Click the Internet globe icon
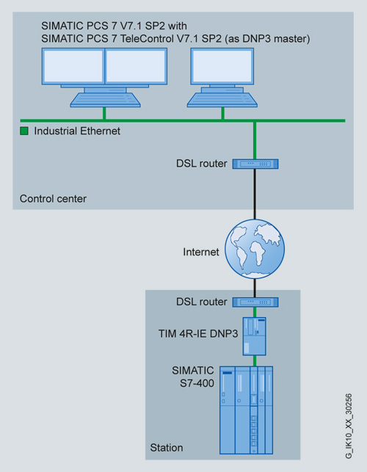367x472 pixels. [x=255, y=249]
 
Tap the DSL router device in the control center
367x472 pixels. [x=255, y=164]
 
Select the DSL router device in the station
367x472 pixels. [x=255, y=302]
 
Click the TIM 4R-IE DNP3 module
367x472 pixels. [x=255, y=336]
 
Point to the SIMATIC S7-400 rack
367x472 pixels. [x=247, y=410]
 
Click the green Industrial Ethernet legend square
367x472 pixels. [x=24, y=131]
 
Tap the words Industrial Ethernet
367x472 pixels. [x=77, y=131]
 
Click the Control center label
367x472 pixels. [x=53, y=199]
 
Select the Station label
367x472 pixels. [x=167, y=448]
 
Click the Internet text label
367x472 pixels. [x=201, y=252]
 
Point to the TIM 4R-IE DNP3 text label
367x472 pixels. [x=198, y=333]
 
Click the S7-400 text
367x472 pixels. [x=197, y=383]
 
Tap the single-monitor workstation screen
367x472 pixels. [x=222, y=66]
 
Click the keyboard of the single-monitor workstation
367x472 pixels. [x=222, y=100]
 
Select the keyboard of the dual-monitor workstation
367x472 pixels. [x=105, y=100]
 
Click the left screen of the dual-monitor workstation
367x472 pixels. [x=73, y=66]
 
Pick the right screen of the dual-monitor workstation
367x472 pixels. [x=136, y=66]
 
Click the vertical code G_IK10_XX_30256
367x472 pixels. [x=349, y=426]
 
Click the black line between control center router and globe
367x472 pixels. [x=255, y=194]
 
